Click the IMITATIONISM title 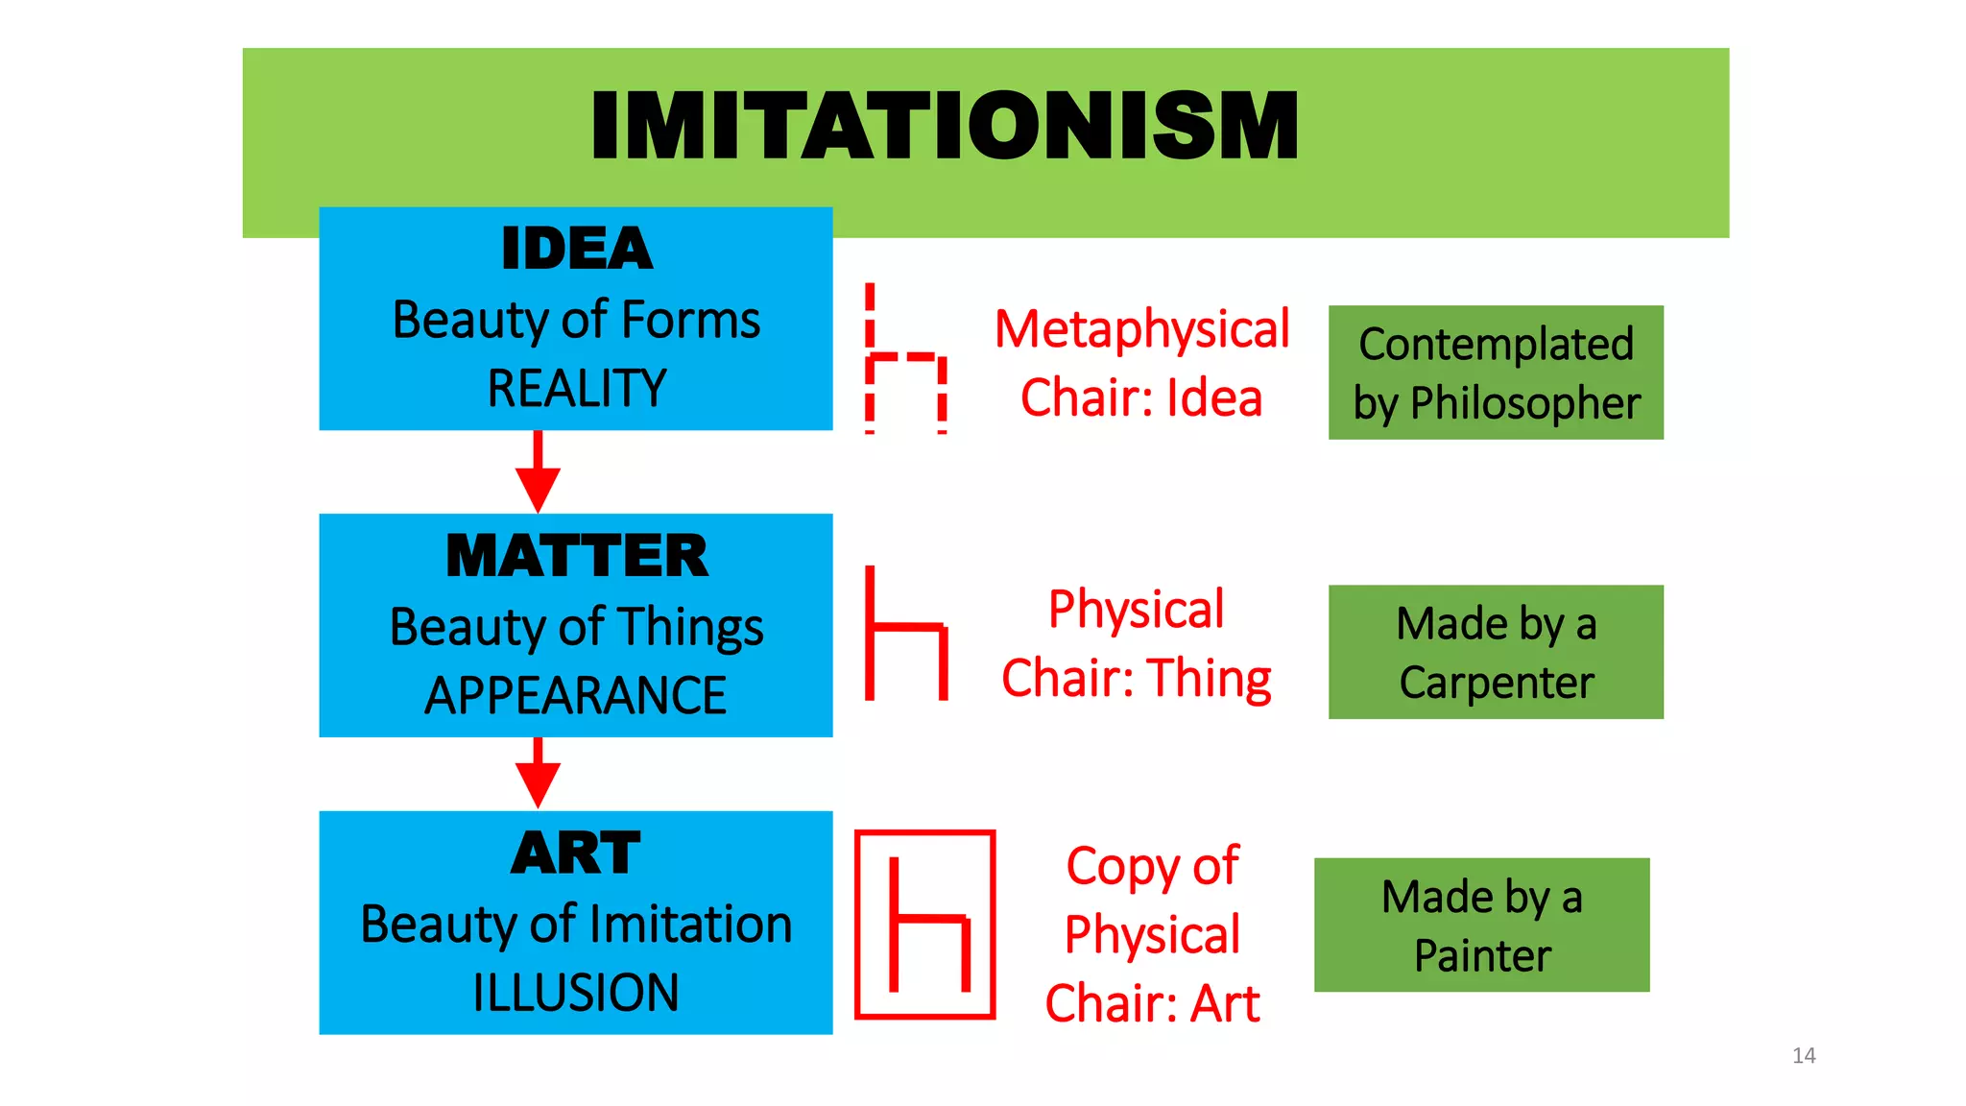click(x=945, y=126)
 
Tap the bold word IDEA click(x=576, y=249)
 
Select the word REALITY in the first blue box click(x=576, y=389)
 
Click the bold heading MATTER click(x=576, y=556)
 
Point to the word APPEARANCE click(x=576, y=695)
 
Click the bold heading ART click(x=576, y=853)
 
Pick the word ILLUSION click(x=576, y=993)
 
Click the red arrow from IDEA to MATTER click(x=538, y=472)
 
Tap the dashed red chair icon click(x=906, y=360)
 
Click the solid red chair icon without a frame click(x=906, y=635)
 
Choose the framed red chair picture click(x=924, y=924)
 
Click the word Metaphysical click(x=1141, y=329)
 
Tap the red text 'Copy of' click(x=1152, y=866)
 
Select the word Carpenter click(x=1496, y=683)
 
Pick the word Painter click(x=1482, y=955)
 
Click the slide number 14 click(x=1804, y=1056)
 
